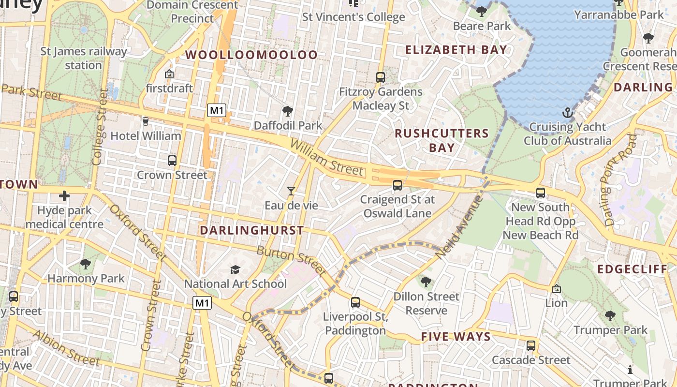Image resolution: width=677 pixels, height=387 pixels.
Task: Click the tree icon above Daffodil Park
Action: tap(288, 111)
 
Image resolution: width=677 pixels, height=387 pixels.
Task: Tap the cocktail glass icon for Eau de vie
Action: tap(291, 191)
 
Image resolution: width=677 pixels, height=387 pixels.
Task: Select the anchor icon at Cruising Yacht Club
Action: tap(567, 113)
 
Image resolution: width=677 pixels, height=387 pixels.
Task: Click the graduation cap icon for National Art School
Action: tap(235, 269)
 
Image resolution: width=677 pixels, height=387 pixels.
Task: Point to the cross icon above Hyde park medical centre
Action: tap(64, 196)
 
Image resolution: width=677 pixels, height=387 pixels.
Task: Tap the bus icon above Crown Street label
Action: tap(172, 161)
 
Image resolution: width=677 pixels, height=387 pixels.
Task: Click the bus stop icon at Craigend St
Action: tap(397, 185)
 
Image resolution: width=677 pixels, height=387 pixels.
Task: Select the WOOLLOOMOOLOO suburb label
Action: tap(251, 55)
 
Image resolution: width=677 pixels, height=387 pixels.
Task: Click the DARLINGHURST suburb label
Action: tap(252, 230)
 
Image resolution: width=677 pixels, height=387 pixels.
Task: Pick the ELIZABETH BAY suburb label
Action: tap(456, 50)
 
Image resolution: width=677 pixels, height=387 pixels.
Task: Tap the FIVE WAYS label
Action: tap(456, 337)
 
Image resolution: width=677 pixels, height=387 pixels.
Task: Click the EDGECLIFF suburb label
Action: tap(632, 269)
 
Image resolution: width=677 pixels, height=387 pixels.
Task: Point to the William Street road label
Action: tap(326, 157)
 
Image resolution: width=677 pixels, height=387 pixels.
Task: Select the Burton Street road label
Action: tap(291, 260)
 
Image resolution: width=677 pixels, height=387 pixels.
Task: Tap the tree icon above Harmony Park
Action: tap(86, 264)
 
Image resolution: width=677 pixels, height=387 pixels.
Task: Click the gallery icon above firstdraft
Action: tap(169, 74)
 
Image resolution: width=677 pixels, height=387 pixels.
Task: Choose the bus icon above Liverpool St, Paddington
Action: tap(355, 302)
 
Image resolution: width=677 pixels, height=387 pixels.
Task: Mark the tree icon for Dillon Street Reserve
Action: tap(426, 282)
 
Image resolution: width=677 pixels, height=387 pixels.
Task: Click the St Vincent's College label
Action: tap(353, 17)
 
